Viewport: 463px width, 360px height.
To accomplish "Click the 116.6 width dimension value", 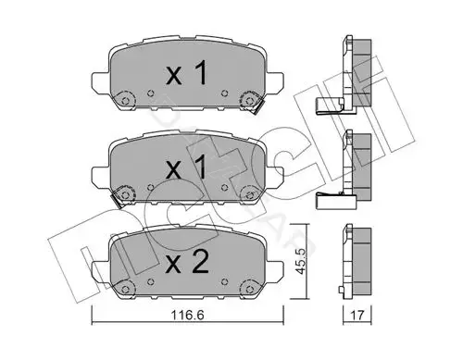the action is [187, 316].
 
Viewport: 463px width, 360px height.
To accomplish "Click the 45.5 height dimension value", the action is [300, 262].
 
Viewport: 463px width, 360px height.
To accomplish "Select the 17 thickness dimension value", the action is [357, 316].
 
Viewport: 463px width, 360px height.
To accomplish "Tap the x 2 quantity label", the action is [187, 263].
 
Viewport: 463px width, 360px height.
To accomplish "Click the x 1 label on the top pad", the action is [186, 73].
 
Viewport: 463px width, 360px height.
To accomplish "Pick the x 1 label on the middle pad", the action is [186, 168].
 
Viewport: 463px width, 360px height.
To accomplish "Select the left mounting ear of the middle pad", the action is [101, 176].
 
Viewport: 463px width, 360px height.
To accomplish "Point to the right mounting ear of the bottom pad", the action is [274, 270].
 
